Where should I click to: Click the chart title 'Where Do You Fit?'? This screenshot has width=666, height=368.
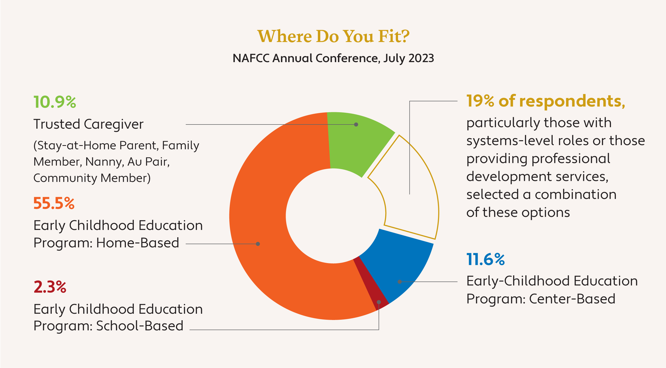click(333, 36)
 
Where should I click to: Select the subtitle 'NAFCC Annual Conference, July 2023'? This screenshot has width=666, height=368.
click(333, 58)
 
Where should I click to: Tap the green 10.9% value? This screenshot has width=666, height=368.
click(55, 102)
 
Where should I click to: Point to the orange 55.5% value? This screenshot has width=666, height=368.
click(54, 203)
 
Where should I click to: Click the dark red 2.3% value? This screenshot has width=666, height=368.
click(50, 287)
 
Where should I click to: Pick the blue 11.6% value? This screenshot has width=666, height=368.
click(486, 259)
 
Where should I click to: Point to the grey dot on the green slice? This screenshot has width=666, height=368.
click(356, 124)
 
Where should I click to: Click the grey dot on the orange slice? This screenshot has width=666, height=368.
click(258, 244)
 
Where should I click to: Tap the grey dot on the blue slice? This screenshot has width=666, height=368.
click(400, 282)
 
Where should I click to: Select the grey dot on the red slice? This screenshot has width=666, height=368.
click(379, 302)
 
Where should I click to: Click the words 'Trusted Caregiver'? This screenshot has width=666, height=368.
click(89, 124)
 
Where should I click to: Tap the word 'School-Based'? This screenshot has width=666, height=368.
click(140, 326)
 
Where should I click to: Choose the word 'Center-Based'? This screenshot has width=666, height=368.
click(572, 299)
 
